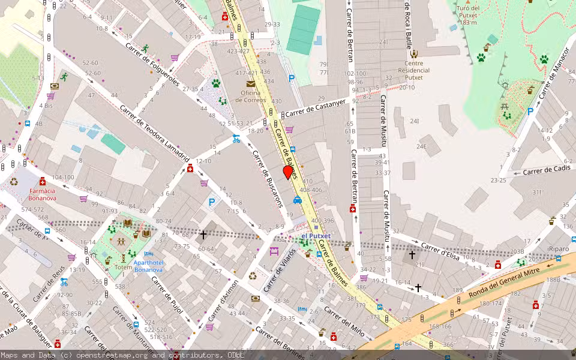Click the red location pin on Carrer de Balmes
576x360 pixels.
click(x=288, y=172)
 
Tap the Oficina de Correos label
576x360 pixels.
click(x=250, y=96)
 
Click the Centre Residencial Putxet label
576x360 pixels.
click(x=413, y=71)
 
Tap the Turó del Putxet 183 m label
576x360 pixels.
click(x=468, y=15)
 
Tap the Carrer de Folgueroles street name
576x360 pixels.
click(x=152, y=64)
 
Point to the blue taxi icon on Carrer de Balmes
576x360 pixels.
click(x=298, y=200)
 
